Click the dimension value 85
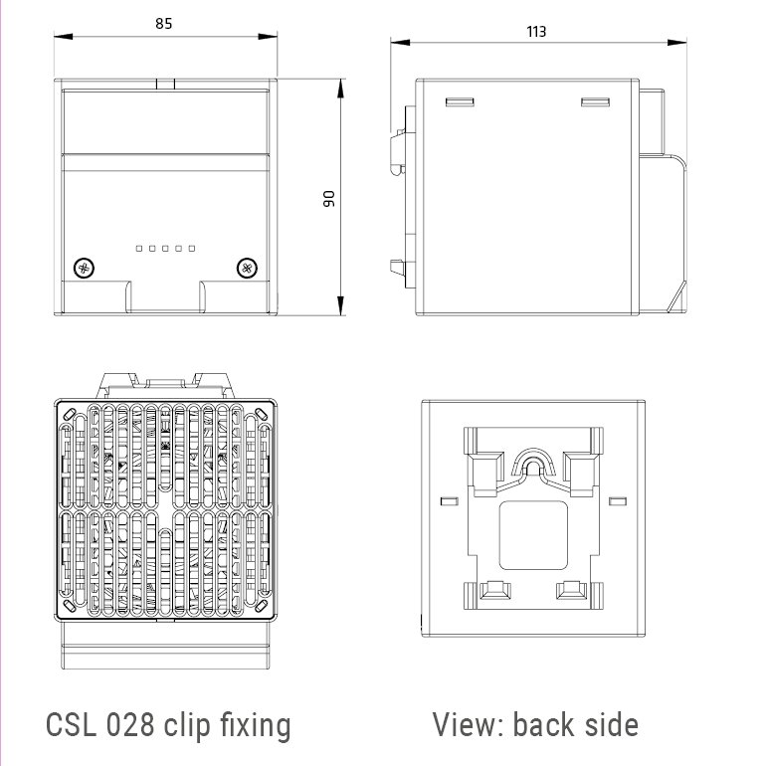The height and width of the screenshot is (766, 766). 164,23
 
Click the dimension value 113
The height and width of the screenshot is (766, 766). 536,31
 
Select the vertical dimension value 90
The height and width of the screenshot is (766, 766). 329,198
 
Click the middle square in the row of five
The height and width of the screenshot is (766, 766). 165,248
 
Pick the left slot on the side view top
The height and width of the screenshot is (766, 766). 459,101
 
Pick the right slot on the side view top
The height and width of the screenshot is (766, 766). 594,101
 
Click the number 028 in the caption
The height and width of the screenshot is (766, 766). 129,724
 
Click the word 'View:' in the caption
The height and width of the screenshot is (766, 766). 468,724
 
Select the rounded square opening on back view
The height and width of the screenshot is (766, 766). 532,534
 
